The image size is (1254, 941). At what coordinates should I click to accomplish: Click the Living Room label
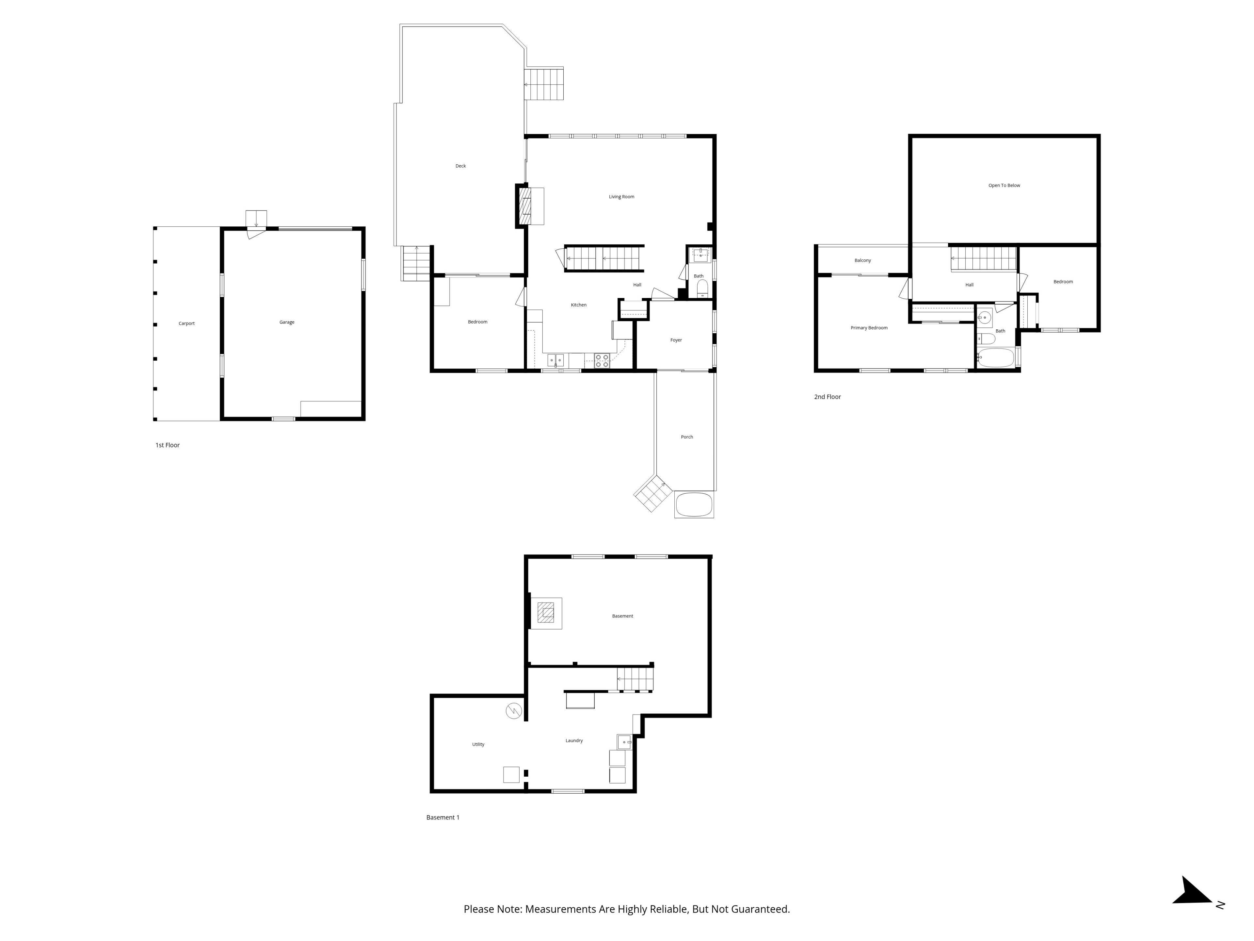[x=621, y=197]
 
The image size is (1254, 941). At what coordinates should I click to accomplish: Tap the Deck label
[x=460, y=166]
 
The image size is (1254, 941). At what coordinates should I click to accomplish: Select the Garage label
[x=287, y=322]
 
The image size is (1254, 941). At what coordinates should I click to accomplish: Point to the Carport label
[x=186, y=323]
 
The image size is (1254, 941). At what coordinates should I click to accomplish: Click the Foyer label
[x=676, y=340]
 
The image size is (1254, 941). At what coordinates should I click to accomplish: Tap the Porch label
[x=686, y=437]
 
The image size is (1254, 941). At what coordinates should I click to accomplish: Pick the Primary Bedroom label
[x=869, y=328]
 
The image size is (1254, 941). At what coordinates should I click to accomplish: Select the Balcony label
[x=862, y=260]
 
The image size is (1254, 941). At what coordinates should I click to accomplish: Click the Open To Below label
[x=1004, y=186]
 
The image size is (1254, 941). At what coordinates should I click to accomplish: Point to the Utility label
[x=478, y=744]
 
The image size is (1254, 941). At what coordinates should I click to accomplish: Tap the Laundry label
[x=574, y=740]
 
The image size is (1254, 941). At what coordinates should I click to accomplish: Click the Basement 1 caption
[x=443, y=817]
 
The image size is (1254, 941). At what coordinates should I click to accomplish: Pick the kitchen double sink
[x=555, y=360]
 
